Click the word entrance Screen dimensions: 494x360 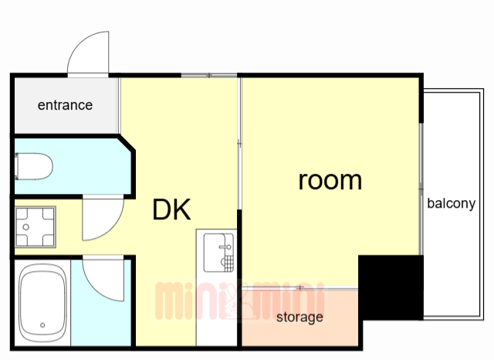click(65, 105)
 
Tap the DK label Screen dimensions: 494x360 click(171, 209)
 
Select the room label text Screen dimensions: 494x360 click(330, 182)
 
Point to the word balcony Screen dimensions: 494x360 click(451, 203)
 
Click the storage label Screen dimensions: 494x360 click(299, 318)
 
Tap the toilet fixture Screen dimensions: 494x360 click(34, 166)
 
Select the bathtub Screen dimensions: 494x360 click(42, 303)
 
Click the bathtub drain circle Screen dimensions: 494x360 click(42, 325)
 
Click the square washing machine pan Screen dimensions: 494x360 click(36, 227)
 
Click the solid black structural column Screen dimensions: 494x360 click(391, 287)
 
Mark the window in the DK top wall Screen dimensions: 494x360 click(209, 76)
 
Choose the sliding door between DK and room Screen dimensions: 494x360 click(239, 144)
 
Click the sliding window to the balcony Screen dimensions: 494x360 click(421, 188)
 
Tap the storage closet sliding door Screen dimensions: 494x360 click(300, 287)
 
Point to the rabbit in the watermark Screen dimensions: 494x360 click(235, 301)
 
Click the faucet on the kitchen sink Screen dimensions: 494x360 click(226, 247)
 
